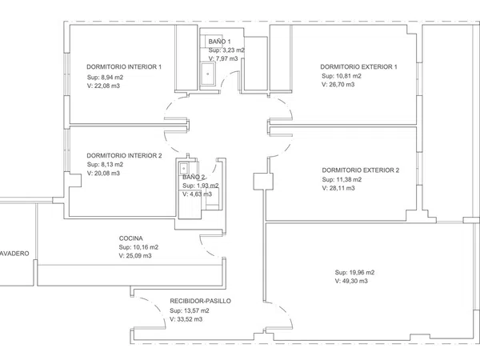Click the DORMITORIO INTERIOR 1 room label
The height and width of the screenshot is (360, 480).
[x=124, y=66]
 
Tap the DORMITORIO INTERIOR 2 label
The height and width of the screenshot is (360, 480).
[x=124, y=155]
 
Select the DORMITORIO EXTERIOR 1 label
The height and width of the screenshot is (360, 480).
[x=358, y=66]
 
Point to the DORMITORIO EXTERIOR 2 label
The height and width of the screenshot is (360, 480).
[x=361, y=170]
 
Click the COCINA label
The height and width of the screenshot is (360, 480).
[x=130, y=238]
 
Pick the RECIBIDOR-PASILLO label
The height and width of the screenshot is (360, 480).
[x=201, y=301]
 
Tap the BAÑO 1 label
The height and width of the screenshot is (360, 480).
[x=219, y=42]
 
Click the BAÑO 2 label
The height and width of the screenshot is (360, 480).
[x=194, y=177]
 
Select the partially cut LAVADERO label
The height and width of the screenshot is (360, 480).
[x=14, y=254]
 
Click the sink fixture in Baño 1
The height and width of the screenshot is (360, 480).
[x=208, y=74]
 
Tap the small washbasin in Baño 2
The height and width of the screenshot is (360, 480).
[x=184, y=168]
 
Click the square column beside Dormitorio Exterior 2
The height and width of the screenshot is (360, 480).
[x=263, y=182]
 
